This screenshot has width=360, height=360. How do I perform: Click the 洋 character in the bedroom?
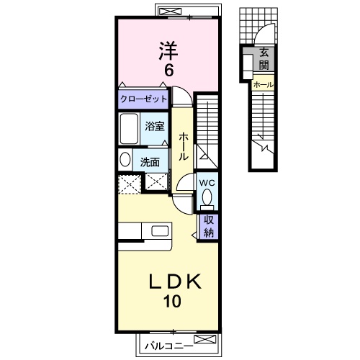tap(168, 50)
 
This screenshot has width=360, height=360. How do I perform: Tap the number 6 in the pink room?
tap(168, 71)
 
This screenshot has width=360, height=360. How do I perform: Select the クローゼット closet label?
tap(144, 99)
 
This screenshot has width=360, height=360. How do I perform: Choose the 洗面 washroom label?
tap(150, 161)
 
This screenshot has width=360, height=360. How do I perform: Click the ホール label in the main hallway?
tap(183, 146)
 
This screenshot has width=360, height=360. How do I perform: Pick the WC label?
tap(207, 182)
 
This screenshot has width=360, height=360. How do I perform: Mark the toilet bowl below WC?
tap(207, 197)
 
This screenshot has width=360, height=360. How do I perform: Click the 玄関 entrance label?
tap(263, 57)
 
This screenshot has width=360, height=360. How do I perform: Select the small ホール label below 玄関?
tap(262, 84)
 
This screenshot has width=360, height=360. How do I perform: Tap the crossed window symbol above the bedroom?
tap(171, 12)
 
